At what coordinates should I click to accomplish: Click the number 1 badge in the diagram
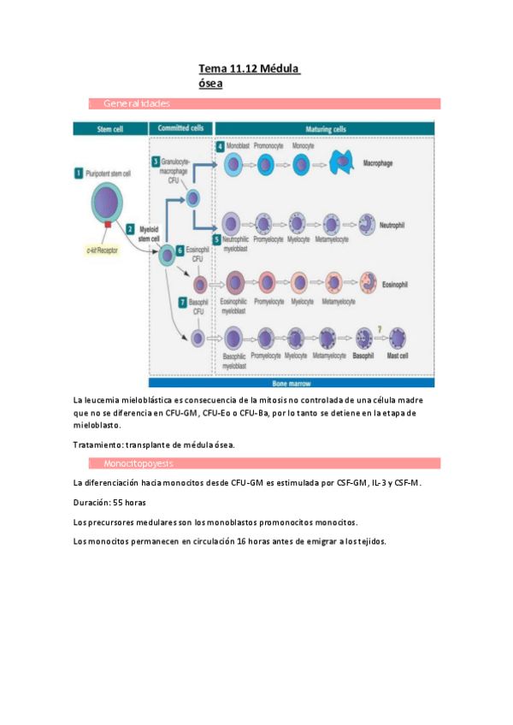click(x=78, y=173)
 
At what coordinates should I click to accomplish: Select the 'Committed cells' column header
click(x=180, y=128)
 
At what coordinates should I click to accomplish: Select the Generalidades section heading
click(x=137, y=103)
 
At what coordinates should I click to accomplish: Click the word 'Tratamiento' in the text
click(x=97, y=444)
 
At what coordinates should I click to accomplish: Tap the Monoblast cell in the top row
click(x=233, y=163)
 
